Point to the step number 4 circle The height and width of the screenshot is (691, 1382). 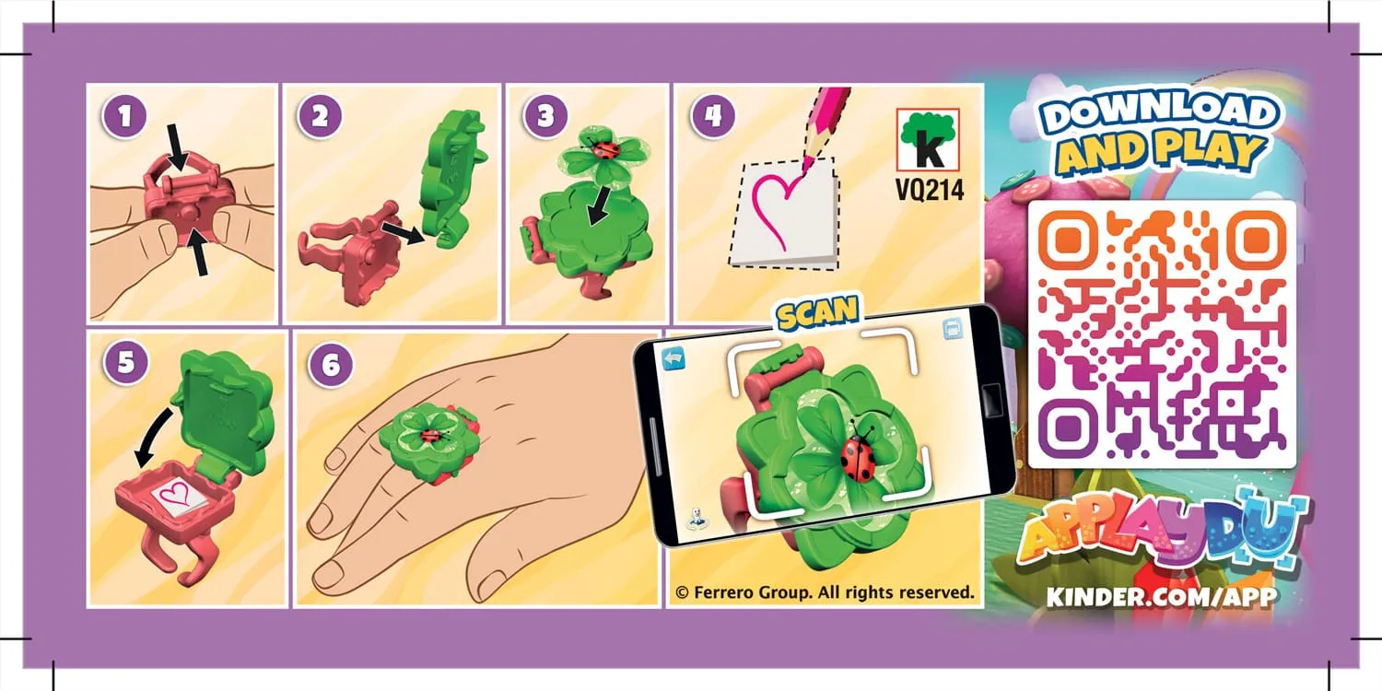(712, 117)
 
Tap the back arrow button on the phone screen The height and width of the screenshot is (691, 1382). (674, 357)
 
